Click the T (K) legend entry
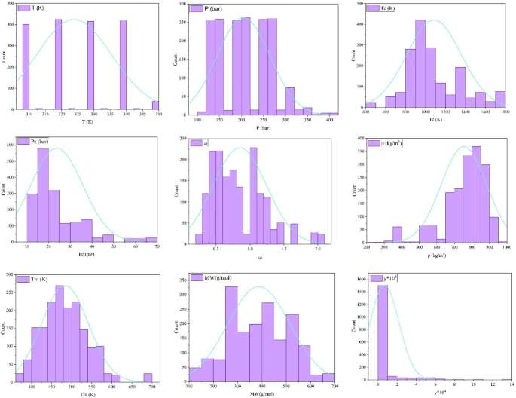click(31, 8)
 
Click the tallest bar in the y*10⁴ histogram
click(383, 332)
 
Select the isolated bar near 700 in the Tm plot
click(148, 378)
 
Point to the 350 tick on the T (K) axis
click(157, 114)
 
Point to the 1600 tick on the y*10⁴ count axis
click(367, 280)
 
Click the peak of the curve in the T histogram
click(72, 20)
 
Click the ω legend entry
click(200, 142)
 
